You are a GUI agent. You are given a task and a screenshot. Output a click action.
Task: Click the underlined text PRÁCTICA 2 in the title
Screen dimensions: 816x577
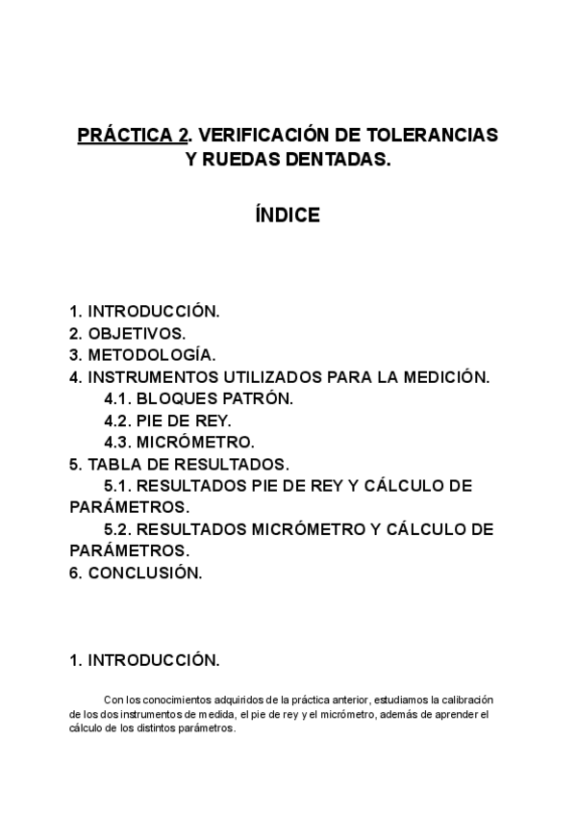133,136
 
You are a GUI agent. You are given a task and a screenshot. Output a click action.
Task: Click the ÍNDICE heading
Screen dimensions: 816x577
288,216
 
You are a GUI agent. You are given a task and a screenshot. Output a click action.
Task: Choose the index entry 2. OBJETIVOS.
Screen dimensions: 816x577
128,333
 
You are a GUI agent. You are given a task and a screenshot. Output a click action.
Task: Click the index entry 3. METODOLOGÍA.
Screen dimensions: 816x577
143,355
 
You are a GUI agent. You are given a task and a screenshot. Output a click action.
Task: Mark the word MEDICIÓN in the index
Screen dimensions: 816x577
446,377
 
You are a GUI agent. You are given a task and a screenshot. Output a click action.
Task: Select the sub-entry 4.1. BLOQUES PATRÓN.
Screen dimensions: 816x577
199,398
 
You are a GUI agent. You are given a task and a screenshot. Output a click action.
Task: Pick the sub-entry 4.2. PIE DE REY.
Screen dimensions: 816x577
168,421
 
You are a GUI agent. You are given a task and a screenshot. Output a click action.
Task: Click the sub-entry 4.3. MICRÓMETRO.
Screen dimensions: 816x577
180,443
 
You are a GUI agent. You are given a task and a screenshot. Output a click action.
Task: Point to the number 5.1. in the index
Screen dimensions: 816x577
119,486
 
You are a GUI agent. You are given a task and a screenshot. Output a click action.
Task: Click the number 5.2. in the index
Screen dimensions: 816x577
119,529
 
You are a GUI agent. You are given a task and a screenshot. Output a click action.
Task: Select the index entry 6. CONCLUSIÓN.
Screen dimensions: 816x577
136,574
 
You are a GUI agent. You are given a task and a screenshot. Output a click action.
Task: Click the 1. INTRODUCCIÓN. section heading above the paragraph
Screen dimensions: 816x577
144,661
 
